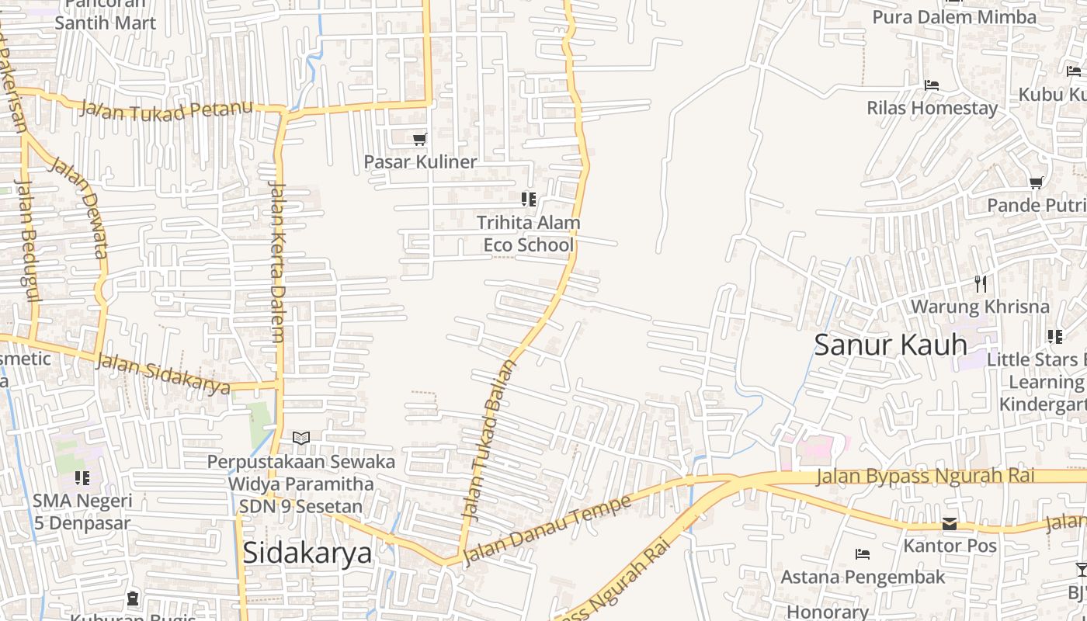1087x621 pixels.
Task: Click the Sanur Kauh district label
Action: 891,345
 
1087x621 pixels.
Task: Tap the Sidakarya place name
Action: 307,553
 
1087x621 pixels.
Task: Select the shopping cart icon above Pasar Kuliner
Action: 420,139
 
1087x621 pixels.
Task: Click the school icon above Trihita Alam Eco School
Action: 529,199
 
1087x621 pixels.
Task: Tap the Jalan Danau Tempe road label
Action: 547,531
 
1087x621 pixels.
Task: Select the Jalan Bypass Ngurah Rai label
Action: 926,476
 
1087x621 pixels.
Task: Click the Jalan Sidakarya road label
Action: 163,373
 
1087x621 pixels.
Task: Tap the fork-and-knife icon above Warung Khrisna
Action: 981,284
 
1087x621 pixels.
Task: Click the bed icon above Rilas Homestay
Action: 932,85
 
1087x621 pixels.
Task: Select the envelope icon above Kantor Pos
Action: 950,524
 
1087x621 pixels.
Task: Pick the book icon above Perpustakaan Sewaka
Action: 301,439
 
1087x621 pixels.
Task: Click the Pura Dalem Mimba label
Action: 954,17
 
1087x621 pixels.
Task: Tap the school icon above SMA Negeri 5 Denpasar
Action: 82,478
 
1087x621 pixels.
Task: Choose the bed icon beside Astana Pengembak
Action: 863,554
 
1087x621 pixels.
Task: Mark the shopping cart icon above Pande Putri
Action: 1036,183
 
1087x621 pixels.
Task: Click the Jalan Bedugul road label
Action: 28,241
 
